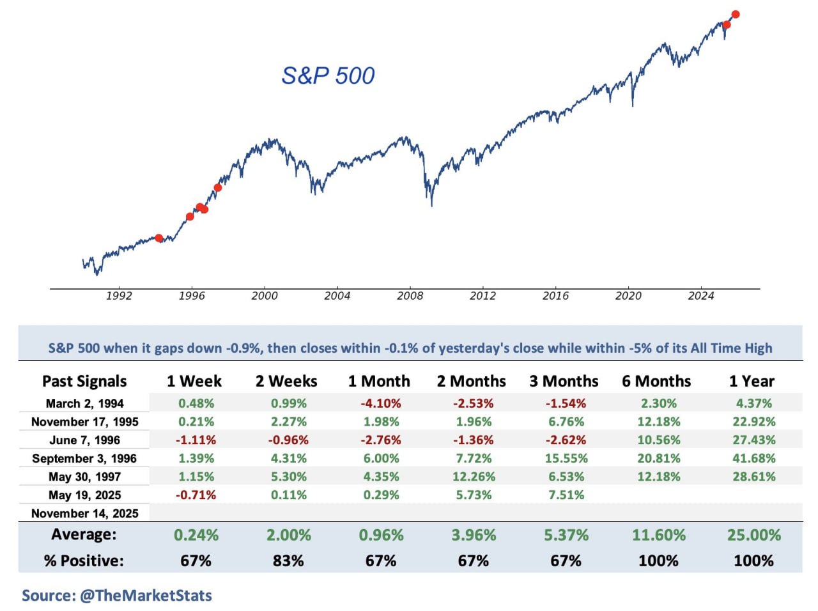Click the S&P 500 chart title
pos(328,75)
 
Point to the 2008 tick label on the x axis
pos(410,296)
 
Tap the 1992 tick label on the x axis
pos(119,296)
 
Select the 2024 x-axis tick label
pos(700,296)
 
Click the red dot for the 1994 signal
pos(158,238)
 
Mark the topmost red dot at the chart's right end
pos(736,14)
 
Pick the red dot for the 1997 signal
pos(218,188)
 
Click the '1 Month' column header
pos(379,382)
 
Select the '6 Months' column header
pos(656,382)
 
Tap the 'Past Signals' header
pos(84,382)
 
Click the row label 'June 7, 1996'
pos(84,440)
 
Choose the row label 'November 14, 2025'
pos(84,514)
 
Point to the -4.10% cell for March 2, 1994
pos(381,404)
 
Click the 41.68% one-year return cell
pos(753,459)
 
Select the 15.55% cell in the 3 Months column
pos(566,459)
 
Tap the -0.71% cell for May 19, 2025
pos(196,495)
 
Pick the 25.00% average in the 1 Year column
pos(753,535)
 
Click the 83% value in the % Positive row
pos(288,561)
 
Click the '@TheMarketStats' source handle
pos(146,596)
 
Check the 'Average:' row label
pos(84,534)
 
